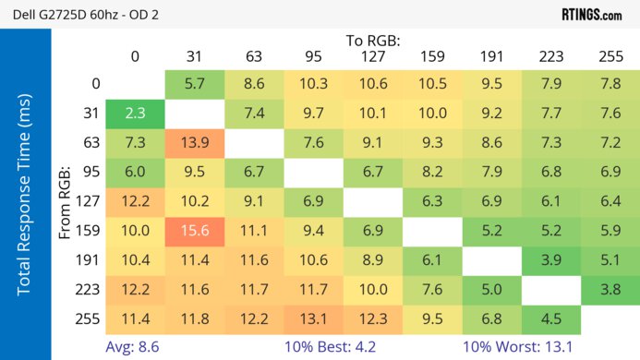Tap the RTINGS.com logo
click(x=591, y=15)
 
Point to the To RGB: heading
click(x=374, y=41)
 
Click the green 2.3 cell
click(x=135, y=114)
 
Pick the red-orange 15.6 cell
click(x=194, y=231)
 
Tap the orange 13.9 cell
click(x=194, y=144)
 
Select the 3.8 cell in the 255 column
click(x=610, y=289)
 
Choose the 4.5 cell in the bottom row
click(x=550, y=318)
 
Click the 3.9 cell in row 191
click(x=550, y=260)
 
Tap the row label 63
click(x=92, y=144)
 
